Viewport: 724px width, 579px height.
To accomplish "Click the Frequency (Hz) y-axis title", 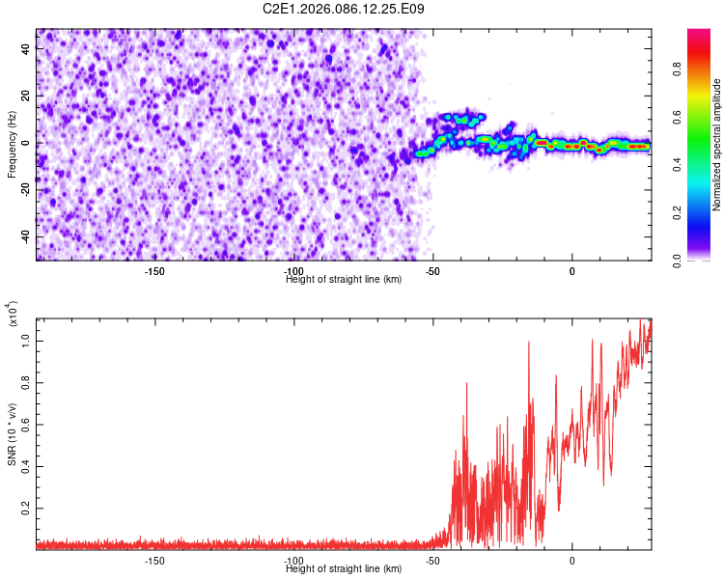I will tap(12, 145).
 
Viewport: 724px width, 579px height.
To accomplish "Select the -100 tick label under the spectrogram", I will tap(294, 271).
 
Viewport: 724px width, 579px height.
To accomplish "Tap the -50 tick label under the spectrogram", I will tap(433, 271).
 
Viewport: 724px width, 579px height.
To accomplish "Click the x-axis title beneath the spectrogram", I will tap(345, 280).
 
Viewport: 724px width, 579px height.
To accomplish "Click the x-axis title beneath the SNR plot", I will tap(345, 569).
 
